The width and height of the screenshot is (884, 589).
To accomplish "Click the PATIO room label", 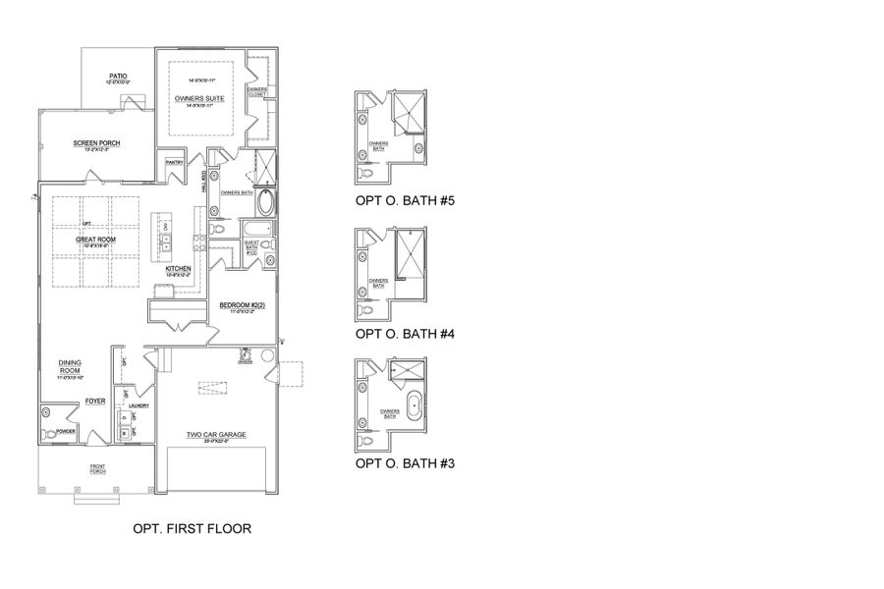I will (x=119, y=75).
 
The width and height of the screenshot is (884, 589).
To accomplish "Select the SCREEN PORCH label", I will (x=96, y=142).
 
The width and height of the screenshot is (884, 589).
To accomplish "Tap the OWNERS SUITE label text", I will (x=197, y=100).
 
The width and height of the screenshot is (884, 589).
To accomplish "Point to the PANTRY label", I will (x=175, y=162).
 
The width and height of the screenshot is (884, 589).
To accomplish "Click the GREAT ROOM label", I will (x=96, y=239).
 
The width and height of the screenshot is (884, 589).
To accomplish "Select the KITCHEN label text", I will (x=178, y=268).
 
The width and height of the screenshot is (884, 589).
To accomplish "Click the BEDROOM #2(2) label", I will (x=242, y=306).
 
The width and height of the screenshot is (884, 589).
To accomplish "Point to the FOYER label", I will (x=94, y=401).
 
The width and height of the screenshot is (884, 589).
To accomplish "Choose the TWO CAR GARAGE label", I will (x=217, y=435).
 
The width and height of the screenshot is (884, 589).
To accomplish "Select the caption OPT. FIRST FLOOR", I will (x=192, y=528).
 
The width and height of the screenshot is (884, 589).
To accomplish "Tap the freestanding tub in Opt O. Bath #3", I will (x=415, y=402).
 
